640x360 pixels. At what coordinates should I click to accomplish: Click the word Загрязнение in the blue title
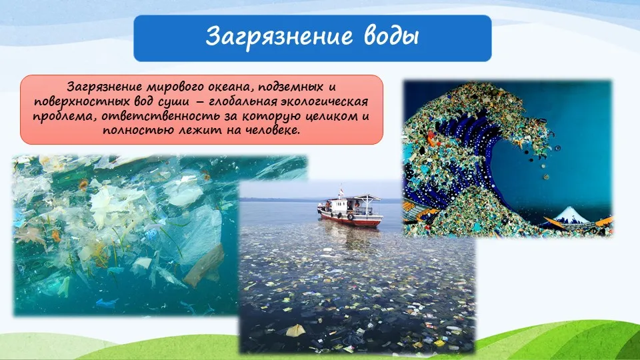pos(279,37)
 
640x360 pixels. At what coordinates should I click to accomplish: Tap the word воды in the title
pos(391,36)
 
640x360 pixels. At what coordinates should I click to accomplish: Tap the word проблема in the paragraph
pos(64,117)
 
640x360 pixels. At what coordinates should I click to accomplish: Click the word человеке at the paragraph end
pos(273,131)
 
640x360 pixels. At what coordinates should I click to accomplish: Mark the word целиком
pos(331,116)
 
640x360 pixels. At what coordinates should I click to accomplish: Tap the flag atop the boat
pos(341,191)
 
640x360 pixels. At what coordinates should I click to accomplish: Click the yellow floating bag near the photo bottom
pos(295,330)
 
